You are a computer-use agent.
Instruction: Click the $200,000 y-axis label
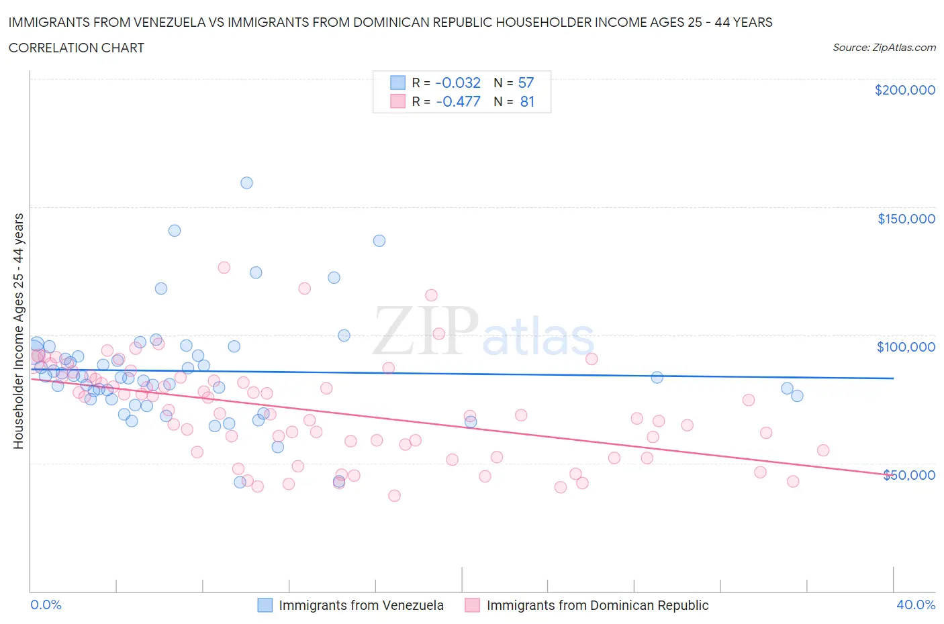tap(904, 90)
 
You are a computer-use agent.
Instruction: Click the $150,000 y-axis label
tap(906, 219)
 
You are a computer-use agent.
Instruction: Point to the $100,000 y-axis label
tap(906, 347)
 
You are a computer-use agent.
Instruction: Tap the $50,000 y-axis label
tap(909, 475)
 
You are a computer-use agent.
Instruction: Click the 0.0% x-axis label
tap(46, 605)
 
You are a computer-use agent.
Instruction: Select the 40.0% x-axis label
tap(916, 605)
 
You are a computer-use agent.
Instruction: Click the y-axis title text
tap(18, 331)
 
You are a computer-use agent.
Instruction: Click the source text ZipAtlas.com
tap(884, 48)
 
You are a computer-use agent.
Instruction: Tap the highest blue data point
tap(246, 183)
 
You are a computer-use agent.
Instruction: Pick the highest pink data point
tap(224, 268)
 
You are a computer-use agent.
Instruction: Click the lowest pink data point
tap(394, 496)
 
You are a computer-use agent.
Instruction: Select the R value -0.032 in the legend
tap(458, 83)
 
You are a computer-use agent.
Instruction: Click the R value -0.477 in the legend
tap(458, 102)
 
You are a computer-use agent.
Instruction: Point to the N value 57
tap(526, 83)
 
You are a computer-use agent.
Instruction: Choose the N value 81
tap(527, 102)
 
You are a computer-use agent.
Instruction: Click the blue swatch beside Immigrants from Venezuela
tap(265, 605)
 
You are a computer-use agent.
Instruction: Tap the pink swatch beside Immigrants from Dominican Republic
tap(473, 605)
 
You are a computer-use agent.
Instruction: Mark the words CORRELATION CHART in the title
tap(76, 48)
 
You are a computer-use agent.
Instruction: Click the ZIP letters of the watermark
tap(425, 331)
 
